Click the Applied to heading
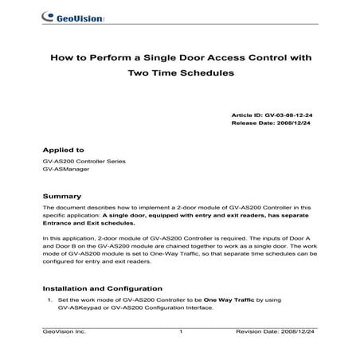[63, 149]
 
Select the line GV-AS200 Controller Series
[84, 162]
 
